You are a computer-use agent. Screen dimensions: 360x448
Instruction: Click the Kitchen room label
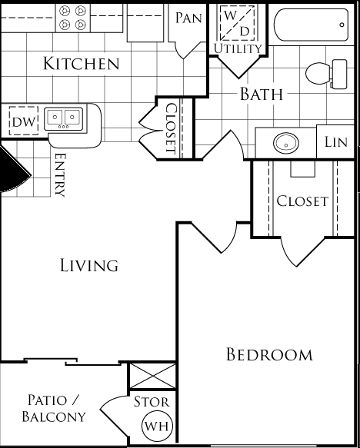click(x=82, y=64)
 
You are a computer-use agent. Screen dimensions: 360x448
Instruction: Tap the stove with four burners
click(x=72, y=18)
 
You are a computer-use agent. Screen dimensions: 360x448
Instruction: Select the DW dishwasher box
click(x=23, y=121)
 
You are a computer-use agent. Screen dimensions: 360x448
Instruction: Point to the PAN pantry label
click(x=188, y=18)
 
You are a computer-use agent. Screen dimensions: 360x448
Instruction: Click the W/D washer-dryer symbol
click(x=237, y=22)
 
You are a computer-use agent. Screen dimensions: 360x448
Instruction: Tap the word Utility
click(x=238, y=48)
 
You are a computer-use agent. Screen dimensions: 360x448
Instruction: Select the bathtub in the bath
click(x=311, y=25)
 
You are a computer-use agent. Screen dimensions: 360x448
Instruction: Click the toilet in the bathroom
click(x=326, y=74)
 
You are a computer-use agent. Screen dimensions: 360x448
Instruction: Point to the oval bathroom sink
click(x=286, y=143)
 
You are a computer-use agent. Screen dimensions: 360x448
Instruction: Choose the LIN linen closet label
click(x=336, y=141)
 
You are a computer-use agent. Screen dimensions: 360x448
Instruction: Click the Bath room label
click(x=262, y=94)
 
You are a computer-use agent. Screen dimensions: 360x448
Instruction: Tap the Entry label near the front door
click(x=60, y=175)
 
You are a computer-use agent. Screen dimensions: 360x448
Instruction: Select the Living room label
click(x=89, y=265)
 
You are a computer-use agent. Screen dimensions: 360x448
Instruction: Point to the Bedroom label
click(x=269, y=354)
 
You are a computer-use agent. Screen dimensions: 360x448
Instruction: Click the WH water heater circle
click(x=157, y=426)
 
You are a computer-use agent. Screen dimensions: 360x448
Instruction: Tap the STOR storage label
click(x=152, y=402)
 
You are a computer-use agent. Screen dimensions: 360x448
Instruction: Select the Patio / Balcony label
click(x=54, y=408)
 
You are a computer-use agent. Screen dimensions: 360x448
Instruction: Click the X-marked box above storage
click(x=152, y=376)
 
